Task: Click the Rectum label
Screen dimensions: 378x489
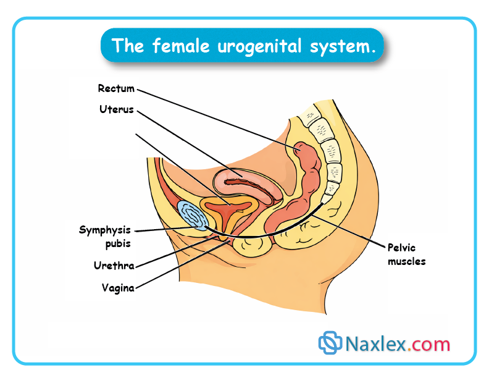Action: (115, 89)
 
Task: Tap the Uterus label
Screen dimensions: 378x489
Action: (116, 110)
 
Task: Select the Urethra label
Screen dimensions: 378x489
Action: (114, 266)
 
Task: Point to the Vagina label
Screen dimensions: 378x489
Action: (118, 287)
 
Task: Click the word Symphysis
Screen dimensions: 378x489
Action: (105, 230)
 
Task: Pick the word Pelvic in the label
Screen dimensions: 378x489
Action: (401, 248)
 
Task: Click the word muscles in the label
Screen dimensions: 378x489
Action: (406, 261)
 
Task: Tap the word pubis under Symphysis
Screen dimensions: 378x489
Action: (117, 243)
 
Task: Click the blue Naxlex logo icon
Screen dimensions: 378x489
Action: (330, 343)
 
